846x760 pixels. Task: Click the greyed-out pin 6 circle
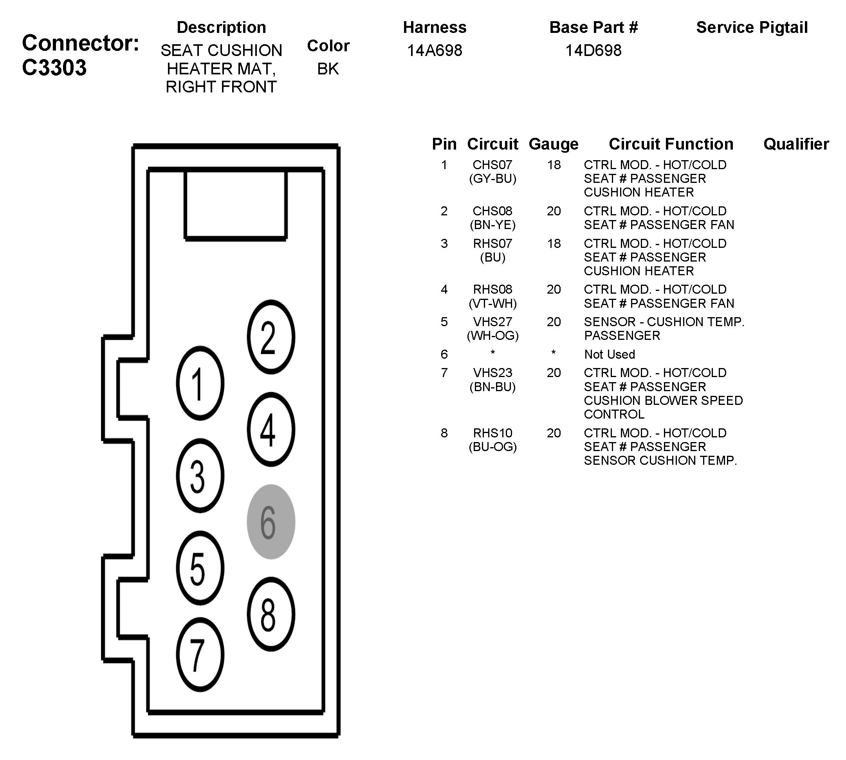(x=271, y=522)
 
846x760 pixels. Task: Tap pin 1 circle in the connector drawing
(x=200, y=383)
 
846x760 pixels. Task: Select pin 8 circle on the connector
(x=271, y=614)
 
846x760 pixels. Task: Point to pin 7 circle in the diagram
(x=200, y=654)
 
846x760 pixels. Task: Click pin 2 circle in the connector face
(x=271, y=337)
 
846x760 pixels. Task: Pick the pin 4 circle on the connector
(x=271, y=429)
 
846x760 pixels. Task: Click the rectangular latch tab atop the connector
(x=236, y=205)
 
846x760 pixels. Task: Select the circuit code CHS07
(x=492, y=164)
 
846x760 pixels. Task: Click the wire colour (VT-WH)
(x=492, y=303)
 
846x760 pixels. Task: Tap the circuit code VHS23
(x=492, y=372)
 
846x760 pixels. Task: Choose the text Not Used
(x=609, y=354)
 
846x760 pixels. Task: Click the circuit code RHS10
(x=492, y=433)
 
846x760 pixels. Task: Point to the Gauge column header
(x=553, y=144)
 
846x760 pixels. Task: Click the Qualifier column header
(x=796, y=144)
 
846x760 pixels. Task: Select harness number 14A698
(x=434, y=51)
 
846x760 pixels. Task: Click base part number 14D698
(x=593, y=51)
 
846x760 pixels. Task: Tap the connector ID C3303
(x=54, y=68)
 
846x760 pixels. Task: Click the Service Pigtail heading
(x=752, y=27)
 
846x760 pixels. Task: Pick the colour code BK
(x=328, y=69)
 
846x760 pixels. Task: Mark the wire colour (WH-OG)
(x=492, y=336)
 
